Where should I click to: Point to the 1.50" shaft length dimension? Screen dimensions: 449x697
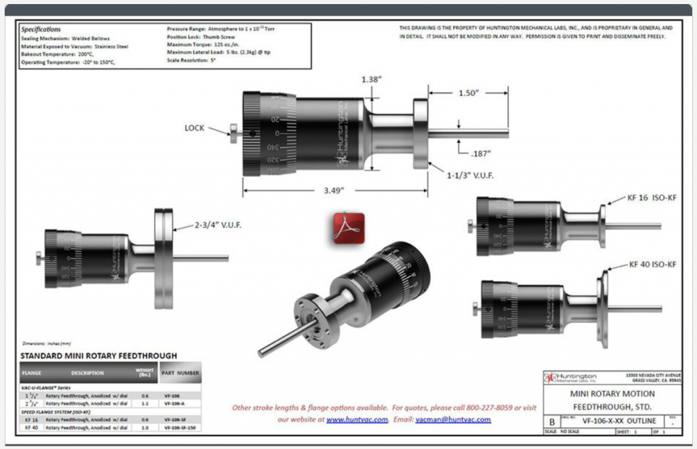point(468,92)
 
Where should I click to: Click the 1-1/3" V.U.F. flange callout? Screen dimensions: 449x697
point(470,176)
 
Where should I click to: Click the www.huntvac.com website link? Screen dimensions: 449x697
point(357,420)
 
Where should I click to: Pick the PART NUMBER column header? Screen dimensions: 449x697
point(180,373)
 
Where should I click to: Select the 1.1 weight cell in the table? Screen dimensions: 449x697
point(144,403)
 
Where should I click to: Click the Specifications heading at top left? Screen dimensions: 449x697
point(41,29)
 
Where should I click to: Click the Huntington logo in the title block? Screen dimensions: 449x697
point(571,378)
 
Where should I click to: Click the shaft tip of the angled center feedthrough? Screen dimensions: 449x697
point(261,352)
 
